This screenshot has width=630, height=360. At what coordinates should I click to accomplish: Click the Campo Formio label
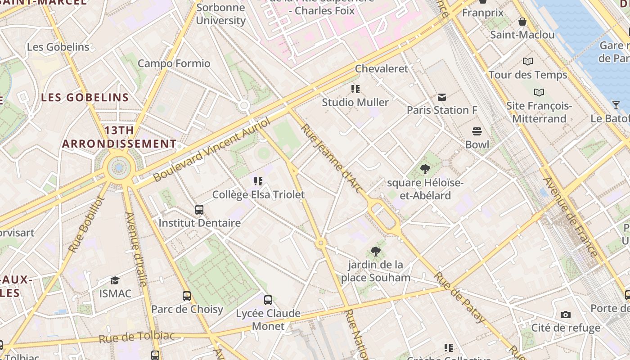click(x=174, y=63)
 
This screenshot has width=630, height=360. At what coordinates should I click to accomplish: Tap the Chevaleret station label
click(x=381, y=69)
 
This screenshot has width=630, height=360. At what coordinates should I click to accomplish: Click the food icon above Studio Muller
click(x=355, y=89)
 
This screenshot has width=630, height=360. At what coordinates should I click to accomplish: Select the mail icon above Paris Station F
click(x=441, y=97)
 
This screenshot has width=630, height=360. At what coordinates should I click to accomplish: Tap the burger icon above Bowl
click(x=477, y=131)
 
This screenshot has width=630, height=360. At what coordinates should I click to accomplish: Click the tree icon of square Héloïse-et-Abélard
click(x=425, y=170)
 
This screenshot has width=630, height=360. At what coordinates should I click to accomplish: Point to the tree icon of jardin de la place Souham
click(x=375, y=252)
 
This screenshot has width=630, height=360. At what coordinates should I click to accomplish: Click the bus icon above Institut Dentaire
click(x=199, y=209)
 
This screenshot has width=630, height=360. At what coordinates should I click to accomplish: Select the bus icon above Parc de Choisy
click(x=187, y=296)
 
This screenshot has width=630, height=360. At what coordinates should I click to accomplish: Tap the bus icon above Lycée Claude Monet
click(x=268, y=300)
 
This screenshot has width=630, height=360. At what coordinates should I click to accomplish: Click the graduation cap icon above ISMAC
click(x=115, y=280)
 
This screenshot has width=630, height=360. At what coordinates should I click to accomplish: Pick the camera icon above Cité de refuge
click(x=566, y=315)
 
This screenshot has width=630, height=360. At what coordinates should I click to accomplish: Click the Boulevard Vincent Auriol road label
click(x=212, y=149)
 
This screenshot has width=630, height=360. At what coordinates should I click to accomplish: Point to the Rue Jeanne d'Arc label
click(x=331, y=159)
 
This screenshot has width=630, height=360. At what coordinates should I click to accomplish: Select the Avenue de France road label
click(x=571, y=217)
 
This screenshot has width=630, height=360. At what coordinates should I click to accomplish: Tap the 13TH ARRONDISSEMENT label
click(x=119, y=137)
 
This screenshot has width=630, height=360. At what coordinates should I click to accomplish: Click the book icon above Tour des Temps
click(x=528, y=61)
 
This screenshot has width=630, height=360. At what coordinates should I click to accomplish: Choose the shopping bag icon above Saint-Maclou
click(x=522, y=22)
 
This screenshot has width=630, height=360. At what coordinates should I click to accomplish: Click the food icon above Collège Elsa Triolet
click(x=258, y=181)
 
